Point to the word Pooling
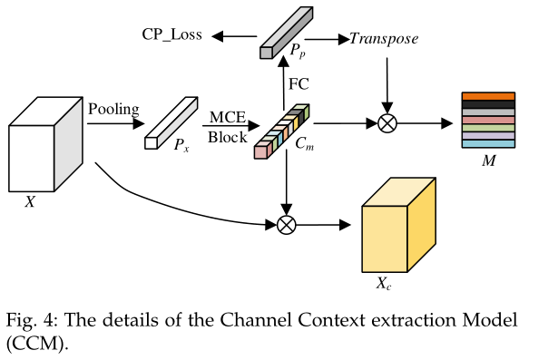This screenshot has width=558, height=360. point(113,110)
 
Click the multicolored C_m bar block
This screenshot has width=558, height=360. point(282,131)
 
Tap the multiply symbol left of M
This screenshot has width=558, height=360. point(387,123)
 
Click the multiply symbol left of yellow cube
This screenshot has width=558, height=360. point(287,223)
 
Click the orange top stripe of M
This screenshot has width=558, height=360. point(488,97)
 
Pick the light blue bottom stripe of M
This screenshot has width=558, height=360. point(488,144)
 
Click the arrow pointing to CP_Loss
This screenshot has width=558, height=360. point(234,36)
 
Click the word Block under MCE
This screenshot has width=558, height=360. point(226,138)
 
